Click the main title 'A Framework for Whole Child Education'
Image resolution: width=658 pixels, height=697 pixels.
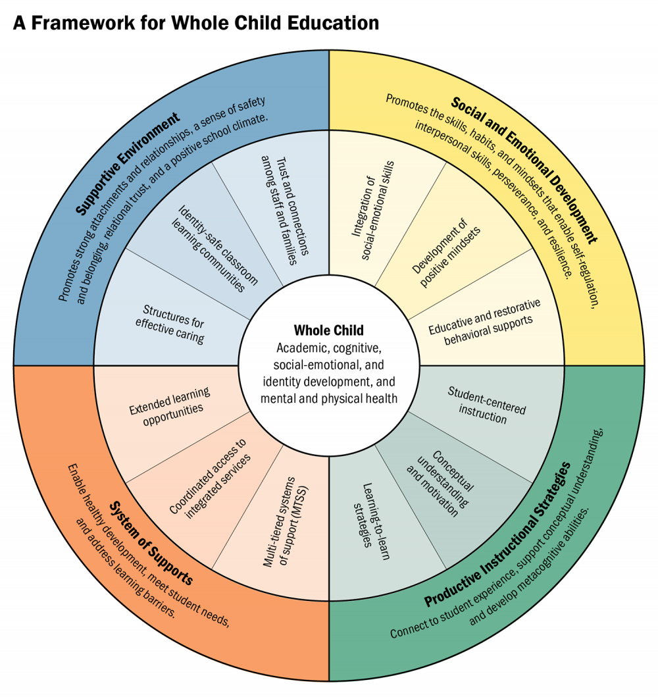point(196,23)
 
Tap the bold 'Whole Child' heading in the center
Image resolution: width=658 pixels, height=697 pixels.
point(328,330)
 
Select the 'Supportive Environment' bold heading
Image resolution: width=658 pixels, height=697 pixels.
point(128,164)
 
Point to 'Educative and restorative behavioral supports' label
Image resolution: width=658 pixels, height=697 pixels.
point(484,322)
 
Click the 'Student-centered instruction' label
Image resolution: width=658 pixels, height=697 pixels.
point(487,404)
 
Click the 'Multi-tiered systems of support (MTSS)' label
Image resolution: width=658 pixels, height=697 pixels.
point(286,520)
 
